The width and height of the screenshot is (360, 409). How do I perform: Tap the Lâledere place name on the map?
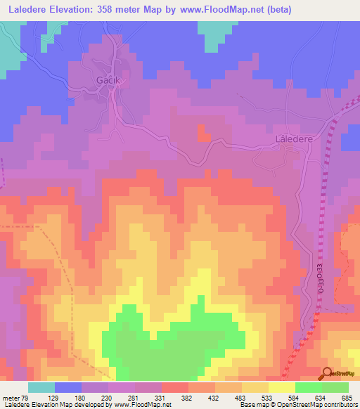[x=291, y=139]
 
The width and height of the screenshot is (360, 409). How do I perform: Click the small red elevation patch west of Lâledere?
[x=203, y=131]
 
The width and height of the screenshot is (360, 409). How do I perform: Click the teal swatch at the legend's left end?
[x=41, y=387]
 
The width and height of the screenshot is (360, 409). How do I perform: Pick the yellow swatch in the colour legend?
[x=281, y=387]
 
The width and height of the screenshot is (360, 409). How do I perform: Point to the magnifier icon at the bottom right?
[x=328, y=374]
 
